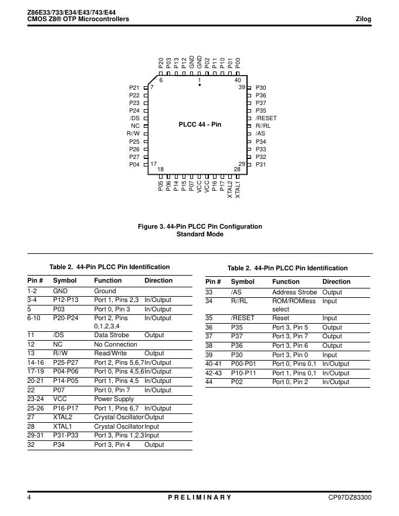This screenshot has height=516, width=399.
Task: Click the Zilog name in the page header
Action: pyautogui.click(x=363, y=19)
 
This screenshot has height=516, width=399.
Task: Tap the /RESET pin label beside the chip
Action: pyautogui.click(x=266, y=118)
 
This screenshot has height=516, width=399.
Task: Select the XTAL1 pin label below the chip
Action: pyautogui.click(x=238, y=189)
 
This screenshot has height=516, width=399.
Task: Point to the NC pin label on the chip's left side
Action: pyautogui.click(x=135, y=126)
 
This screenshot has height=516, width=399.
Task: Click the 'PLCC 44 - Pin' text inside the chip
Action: pyautogui.click(x=200, y=125)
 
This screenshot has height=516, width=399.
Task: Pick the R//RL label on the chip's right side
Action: pyautogui.click(x=263, y=126)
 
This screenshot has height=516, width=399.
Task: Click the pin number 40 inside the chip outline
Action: pyautogui.click(x=238, y=80)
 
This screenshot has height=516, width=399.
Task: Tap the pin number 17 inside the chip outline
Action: pyautogui.click(x=154, y=164)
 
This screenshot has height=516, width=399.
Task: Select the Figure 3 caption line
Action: pyautogui.click(x=200, y=226)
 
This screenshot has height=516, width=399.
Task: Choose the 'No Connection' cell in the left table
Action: pyautogui.click(x=116, y=344)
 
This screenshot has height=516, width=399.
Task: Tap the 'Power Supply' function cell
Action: pyautogui.click(x=114, y=399)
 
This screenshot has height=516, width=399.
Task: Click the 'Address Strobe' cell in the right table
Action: pyautogui.click(x=294, y=292)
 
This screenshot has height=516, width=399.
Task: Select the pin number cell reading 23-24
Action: pyautogui.click(x=36, y=399)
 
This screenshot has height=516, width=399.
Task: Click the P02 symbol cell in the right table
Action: pyautogui.click(x=237, y=382)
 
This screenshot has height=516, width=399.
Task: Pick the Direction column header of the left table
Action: pyautogui.click(x=158, y=280)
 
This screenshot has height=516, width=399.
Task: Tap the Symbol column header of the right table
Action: pyautogui.click(x=242, y=281)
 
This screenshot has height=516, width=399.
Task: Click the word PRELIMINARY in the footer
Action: pyautogui.click(x=200, y=497)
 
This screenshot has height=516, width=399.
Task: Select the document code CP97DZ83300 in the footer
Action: pyautogui.click(x=350, y=497)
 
